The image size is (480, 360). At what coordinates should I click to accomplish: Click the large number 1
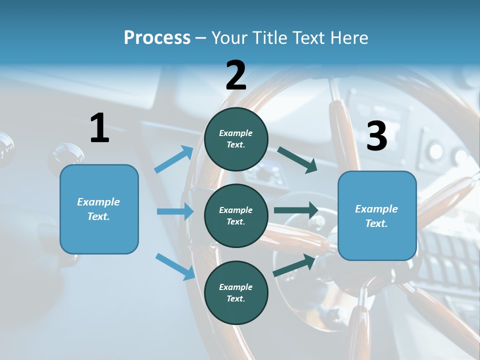tap(99, 128)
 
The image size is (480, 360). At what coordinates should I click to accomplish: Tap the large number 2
tap(236, 75)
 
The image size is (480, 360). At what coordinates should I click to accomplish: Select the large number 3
tap(377, 136)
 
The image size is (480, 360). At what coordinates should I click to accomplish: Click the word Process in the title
tap(157, 37)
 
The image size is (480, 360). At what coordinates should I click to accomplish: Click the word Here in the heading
tap(348, 37)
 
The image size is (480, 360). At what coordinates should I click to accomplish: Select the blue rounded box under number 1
tap(99, 209)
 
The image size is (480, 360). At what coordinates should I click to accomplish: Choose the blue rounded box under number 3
tap(377, 215)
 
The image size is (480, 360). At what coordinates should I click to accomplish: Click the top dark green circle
tap(236, 139)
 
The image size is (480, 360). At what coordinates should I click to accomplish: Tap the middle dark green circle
tap(236, 215)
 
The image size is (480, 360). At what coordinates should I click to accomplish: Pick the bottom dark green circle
tap(236, 292)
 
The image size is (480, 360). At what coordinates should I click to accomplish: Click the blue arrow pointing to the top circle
tap(174, 159)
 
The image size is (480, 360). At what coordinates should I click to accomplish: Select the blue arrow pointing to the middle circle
tap(175, 211)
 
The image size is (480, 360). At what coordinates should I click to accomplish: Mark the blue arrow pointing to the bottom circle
tap(175, 266)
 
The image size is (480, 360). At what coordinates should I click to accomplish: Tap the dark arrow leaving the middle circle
tap(296, 210)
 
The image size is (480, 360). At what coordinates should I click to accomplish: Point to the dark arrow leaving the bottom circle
tap(294, 265)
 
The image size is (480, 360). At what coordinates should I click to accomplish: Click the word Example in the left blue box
tap(98, 202)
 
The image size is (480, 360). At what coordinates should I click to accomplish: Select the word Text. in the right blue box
tap(376, 223)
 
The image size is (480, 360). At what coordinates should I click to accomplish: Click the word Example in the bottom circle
tap(236, 287)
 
